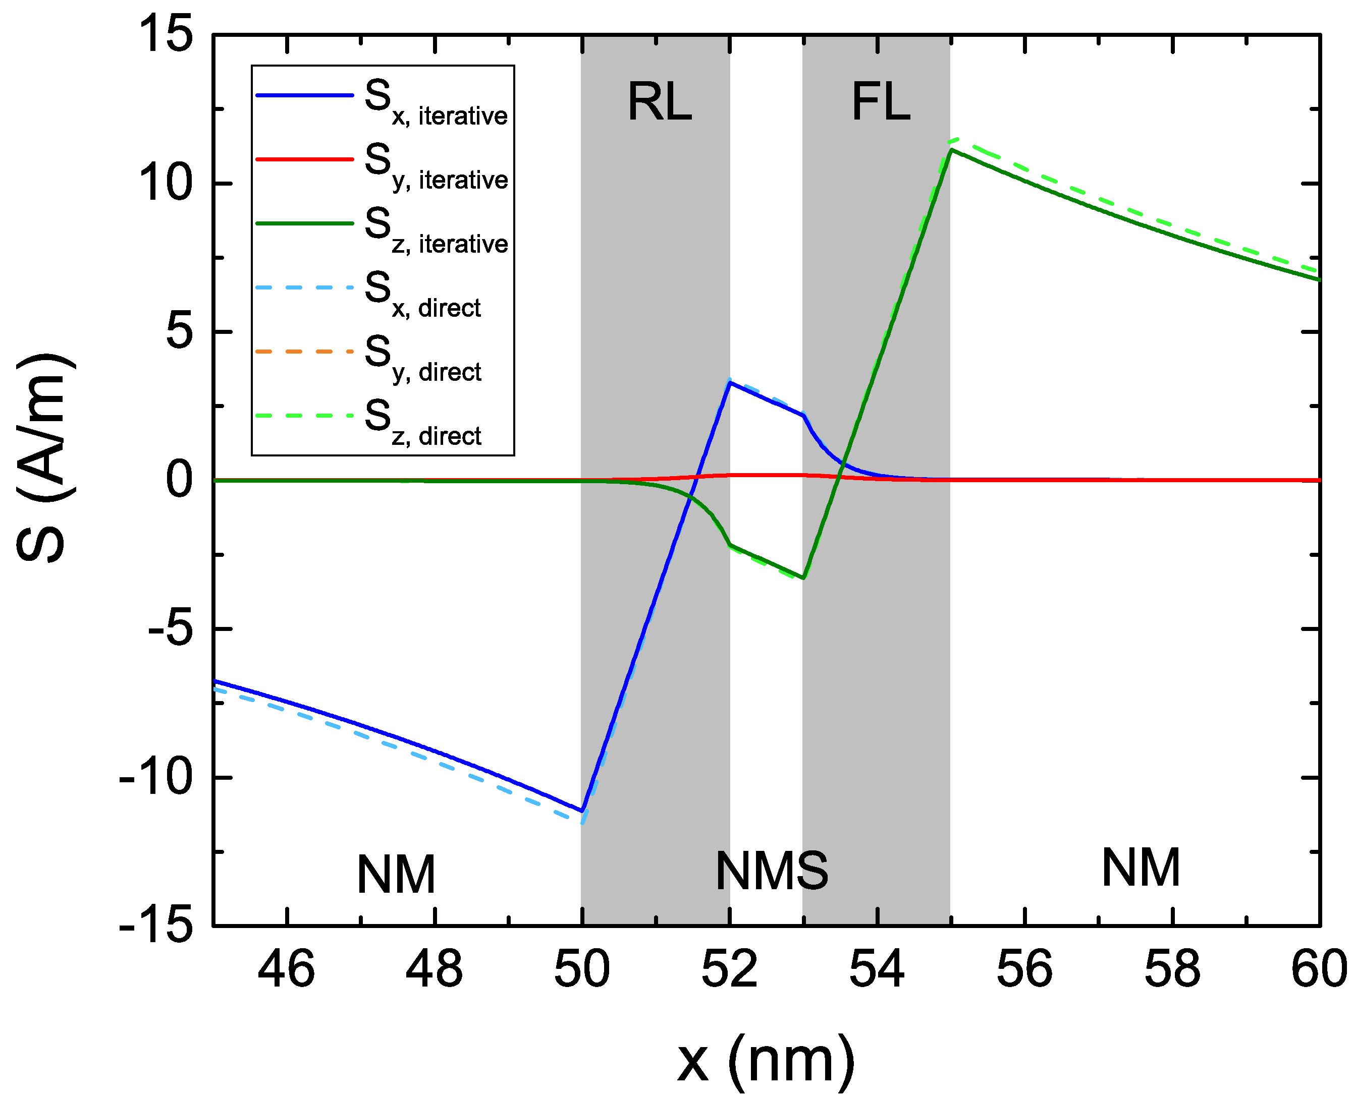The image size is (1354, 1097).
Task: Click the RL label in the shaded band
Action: pyautogui.click(x=659, y=102)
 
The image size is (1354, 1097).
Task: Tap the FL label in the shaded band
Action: pyautogui.click(x=881, y=102)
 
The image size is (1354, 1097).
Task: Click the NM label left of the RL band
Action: pyautogui.click(x=396, y=875)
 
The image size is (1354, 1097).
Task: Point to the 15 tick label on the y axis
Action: pyautogui.click(x=166, y=34)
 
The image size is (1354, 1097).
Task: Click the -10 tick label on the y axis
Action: pyautogui.click(x=155, y=778)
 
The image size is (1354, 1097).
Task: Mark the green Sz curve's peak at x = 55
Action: pyautogui.click(x=951, y=150)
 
